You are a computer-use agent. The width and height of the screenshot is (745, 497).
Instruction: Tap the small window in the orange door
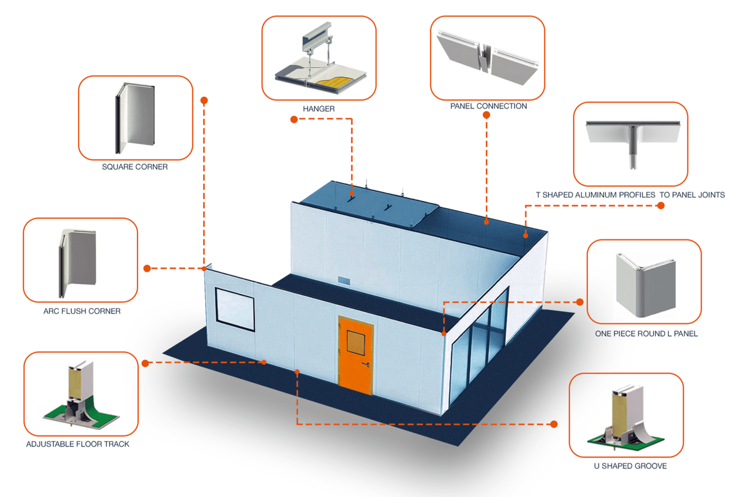pyautogui.click(x=355, y=343)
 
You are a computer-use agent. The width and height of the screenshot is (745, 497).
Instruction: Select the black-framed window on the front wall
pyautogui.click(x=235, y=309)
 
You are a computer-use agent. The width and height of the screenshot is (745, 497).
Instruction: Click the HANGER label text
pyautogui.click(x=319, y=109)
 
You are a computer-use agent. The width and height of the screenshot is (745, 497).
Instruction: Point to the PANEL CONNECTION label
pyautogui.click(x=488, y=106)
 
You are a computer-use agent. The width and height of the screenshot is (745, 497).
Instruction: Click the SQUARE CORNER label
pyautogui.click(x=135, y=167)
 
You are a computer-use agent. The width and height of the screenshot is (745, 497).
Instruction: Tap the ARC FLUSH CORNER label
pyautogui.click(x=82, y=311)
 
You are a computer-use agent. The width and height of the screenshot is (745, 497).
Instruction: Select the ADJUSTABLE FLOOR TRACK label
pyautogui.click(x=78, y=444)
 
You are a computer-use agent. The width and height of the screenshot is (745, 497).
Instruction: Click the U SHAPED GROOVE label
pyautogui.click(x=630, y=466)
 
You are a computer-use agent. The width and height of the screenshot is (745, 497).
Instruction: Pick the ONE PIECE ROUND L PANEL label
pyautogui.click(x=646, y=334)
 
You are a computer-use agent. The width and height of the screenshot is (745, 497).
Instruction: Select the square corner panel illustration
pyautogui.click(x=135, y=118)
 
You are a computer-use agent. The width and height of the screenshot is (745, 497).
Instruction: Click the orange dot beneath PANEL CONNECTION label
pyautogui.click(x=486, y=115)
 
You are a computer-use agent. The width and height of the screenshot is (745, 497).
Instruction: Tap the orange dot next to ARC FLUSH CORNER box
pyautogui.click(x=147, y=268)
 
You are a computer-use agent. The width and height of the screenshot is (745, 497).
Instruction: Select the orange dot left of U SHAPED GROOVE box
pyautogui.click(x=554, y=424)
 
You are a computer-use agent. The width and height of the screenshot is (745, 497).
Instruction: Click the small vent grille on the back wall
pyautogui.click(x=344, y=281)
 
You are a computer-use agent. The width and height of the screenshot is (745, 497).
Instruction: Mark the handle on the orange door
pyautogui.click(x=366, y=364)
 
